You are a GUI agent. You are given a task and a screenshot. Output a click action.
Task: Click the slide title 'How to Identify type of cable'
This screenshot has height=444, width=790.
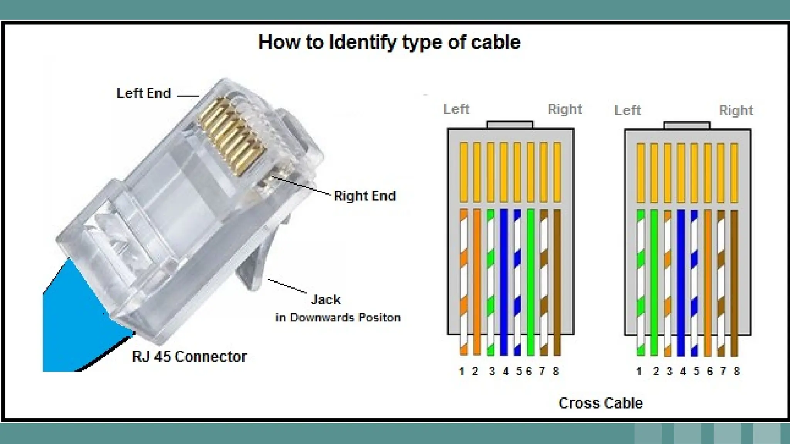[x=389, y=42]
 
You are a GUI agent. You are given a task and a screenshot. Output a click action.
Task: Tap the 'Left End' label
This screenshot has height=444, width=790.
[x=143, y=93]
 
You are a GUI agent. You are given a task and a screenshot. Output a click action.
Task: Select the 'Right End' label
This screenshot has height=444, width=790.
[x=365, y=196]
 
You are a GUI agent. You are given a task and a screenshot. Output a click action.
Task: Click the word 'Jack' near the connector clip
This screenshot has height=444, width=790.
[x=326, y=299]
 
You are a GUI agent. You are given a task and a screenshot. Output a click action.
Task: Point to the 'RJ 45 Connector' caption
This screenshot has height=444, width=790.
[x=189, y=357]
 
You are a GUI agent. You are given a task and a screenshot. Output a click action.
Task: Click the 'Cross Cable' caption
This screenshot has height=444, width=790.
[x=600, y=403]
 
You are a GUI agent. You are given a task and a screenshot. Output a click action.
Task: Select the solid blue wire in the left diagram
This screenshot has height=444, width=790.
[x=504, y=281]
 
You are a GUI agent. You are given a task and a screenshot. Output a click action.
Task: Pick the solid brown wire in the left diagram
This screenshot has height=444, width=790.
[x=557, y=281]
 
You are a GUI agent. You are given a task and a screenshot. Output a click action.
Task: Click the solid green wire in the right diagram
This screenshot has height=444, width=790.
[x=654, y=281]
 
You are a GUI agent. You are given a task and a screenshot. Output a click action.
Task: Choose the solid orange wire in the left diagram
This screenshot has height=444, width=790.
[x=477, y=281]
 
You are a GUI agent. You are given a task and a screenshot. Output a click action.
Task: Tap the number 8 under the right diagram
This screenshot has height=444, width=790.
[x=736, y=371]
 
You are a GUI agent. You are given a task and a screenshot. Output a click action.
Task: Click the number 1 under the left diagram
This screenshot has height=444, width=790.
[x=461, y=371]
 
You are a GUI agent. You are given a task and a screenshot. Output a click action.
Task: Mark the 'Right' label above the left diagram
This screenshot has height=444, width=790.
[x=565, y=109]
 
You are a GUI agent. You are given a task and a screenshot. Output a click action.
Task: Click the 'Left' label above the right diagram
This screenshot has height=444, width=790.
[x=627, y=110]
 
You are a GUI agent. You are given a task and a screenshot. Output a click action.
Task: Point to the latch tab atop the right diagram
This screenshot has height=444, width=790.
[x=687, y=126]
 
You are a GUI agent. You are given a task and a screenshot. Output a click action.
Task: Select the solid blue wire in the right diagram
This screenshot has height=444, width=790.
[x=681, y=281]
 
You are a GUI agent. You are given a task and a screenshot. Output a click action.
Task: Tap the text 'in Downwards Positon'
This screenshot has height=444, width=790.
[x=338, y=318]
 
